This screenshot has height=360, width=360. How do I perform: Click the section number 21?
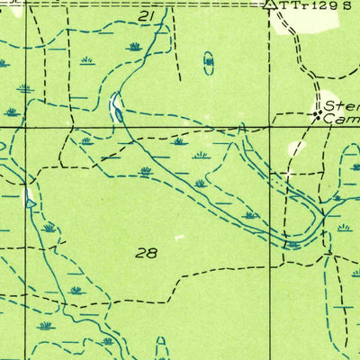(148, 16)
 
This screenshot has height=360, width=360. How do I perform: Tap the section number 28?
(147, 253)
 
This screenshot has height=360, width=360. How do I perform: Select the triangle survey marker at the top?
(268, 5)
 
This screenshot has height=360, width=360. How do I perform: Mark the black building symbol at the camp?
(316, 115)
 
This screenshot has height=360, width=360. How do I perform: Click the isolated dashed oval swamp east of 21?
(209, 62)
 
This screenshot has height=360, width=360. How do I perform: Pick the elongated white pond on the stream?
(117, 106)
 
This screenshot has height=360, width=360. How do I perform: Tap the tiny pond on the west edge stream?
(31, 202)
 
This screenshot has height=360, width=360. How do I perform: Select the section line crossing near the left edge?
(26, 127)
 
